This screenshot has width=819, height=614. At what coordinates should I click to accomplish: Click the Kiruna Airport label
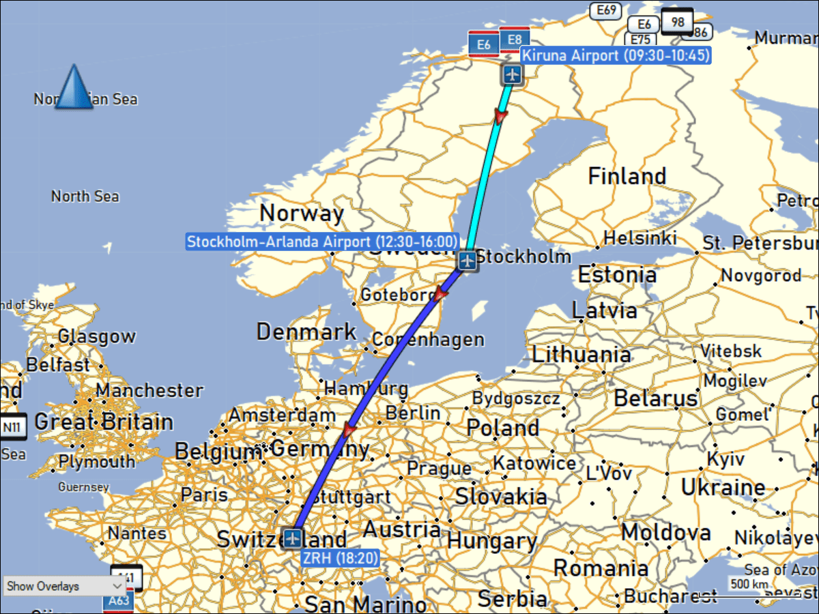tap(615, 55)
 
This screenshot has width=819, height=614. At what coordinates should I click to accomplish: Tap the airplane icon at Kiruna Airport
tap(512, 75)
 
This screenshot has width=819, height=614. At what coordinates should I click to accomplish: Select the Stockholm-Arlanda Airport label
tap(322, 242)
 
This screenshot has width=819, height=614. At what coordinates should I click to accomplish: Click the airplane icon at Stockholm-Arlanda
tap(468, 260)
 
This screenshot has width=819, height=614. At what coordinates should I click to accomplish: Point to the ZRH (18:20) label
tap(340, 558)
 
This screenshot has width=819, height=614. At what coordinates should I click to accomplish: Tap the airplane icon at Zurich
tap(293, 538)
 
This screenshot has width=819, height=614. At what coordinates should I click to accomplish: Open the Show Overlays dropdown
tap(63, 586)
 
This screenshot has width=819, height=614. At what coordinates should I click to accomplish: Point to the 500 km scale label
tap(749, 584)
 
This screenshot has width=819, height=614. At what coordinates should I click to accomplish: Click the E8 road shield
tap(515, 40)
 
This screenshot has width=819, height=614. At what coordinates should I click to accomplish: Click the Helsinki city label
tap(640, 238)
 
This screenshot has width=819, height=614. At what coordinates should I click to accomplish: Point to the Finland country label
tap(627, 176)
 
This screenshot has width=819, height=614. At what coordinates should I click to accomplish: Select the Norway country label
tap(301, 213)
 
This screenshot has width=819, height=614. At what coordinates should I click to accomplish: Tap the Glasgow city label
tap(96, 336)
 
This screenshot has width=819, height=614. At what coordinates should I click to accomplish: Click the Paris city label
tap(204, 495)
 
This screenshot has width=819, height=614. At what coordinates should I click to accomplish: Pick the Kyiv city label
tap(725, 459)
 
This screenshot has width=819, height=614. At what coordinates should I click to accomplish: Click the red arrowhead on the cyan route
tap(500, 117)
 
